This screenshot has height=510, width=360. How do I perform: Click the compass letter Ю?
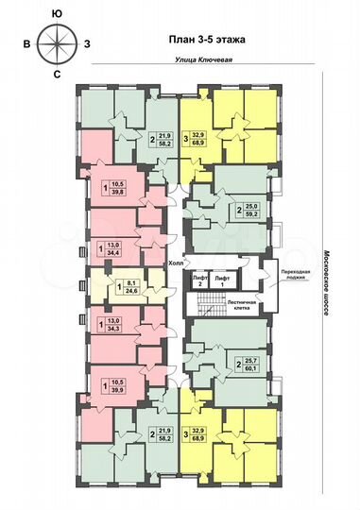(59, 12)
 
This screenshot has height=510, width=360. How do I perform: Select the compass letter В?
(28, 42)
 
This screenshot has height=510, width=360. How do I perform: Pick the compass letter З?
(88, 42)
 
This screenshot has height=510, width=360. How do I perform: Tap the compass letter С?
(59, 73)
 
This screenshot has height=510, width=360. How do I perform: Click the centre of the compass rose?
(59, 42)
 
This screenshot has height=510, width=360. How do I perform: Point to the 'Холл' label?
(176, 264)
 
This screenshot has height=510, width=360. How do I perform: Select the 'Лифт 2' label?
(199, 280)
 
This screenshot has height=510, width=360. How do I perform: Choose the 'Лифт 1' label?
(222, 280)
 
